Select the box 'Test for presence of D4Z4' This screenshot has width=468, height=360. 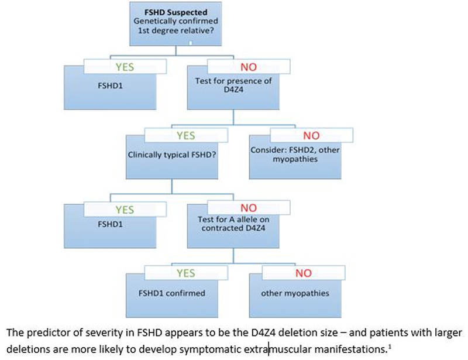[x=233, y=87]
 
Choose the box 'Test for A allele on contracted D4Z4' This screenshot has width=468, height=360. [x=232, y=224]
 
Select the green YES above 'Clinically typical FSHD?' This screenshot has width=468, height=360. [x=185, y=136]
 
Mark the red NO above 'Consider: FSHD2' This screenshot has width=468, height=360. [x=311, y=136]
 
